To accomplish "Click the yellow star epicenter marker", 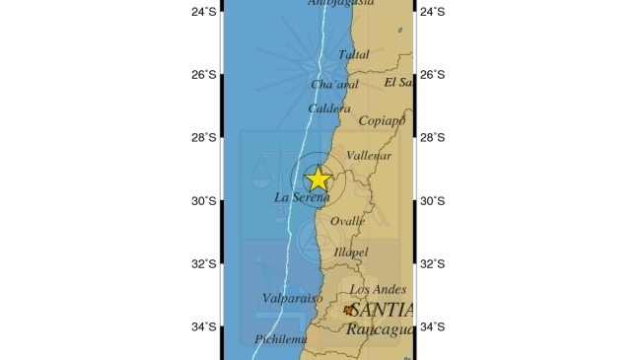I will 318,179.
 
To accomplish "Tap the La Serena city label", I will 302,197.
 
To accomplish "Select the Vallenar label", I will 370,156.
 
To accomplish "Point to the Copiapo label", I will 382,121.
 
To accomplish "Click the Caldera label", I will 329,108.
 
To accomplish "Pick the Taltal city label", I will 354,55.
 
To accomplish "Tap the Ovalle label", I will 347,221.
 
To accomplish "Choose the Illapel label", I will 351,253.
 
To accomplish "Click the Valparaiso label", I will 293,297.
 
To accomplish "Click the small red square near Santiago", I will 348,310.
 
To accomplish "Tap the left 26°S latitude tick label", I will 204,75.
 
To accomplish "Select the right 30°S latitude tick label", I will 433,201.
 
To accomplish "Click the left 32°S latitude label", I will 204,264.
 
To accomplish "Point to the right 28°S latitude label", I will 433,138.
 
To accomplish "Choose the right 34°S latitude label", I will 433,327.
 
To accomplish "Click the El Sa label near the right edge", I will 398,82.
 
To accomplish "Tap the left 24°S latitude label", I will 204,12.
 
